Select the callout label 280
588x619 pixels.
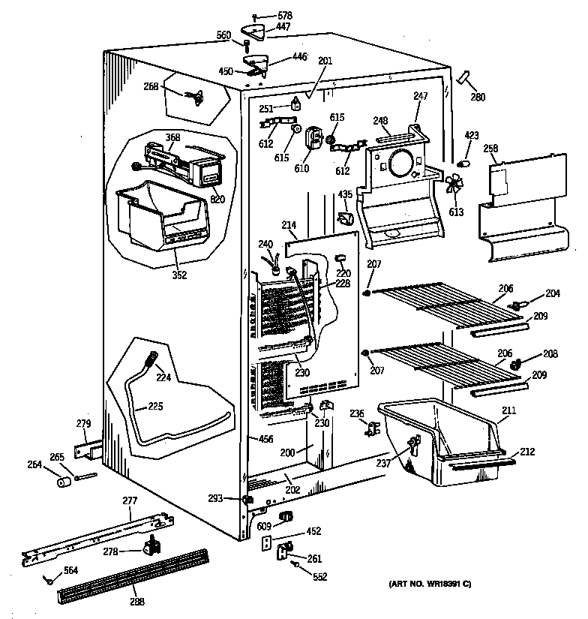point(478,96)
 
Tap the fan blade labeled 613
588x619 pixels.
point(453,186)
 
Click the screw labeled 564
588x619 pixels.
point(49,578)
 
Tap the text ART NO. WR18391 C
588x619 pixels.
point(430,584)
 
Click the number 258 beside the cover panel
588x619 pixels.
point(491,149)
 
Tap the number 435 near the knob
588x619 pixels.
point(344,194)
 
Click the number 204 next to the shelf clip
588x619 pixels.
point(552,294)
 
